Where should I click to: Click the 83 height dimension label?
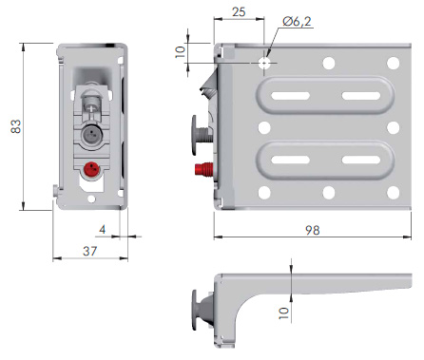coord(16,126)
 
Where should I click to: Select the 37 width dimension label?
coord(89,251)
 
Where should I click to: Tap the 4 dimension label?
coord(102,229)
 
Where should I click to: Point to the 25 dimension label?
coord(239,12)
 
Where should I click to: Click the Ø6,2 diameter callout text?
coord(297,21)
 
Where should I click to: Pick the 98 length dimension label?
coord(313,230)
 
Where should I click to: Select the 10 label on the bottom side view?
coord(283,313)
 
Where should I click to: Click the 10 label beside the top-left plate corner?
coord(180,51)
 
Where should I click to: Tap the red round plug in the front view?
coord(91,169)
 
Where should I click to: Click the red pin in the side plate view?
coord(204,169)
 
